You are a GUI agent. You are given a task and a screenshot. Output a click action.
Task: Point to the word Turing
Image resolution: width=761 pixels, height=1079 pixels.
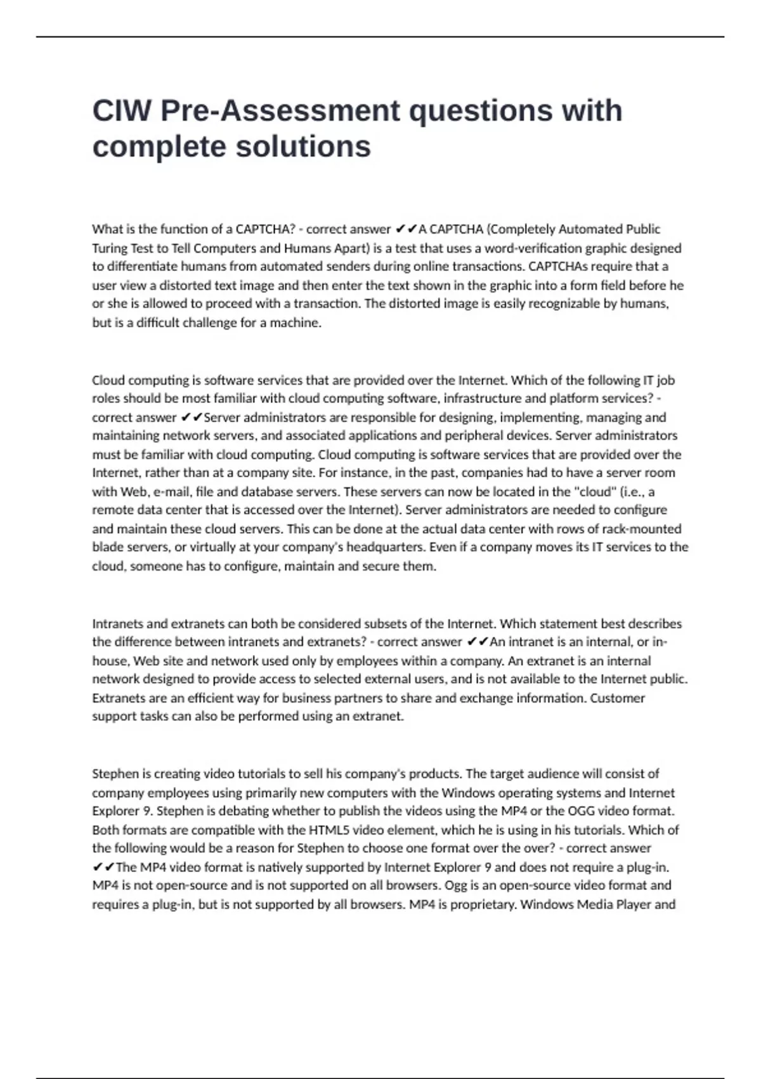pos(109,248)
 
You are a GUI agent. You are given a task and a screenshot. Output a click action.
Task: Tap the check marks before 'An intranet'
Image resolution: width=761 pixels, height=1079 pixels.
pos(478,642)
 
